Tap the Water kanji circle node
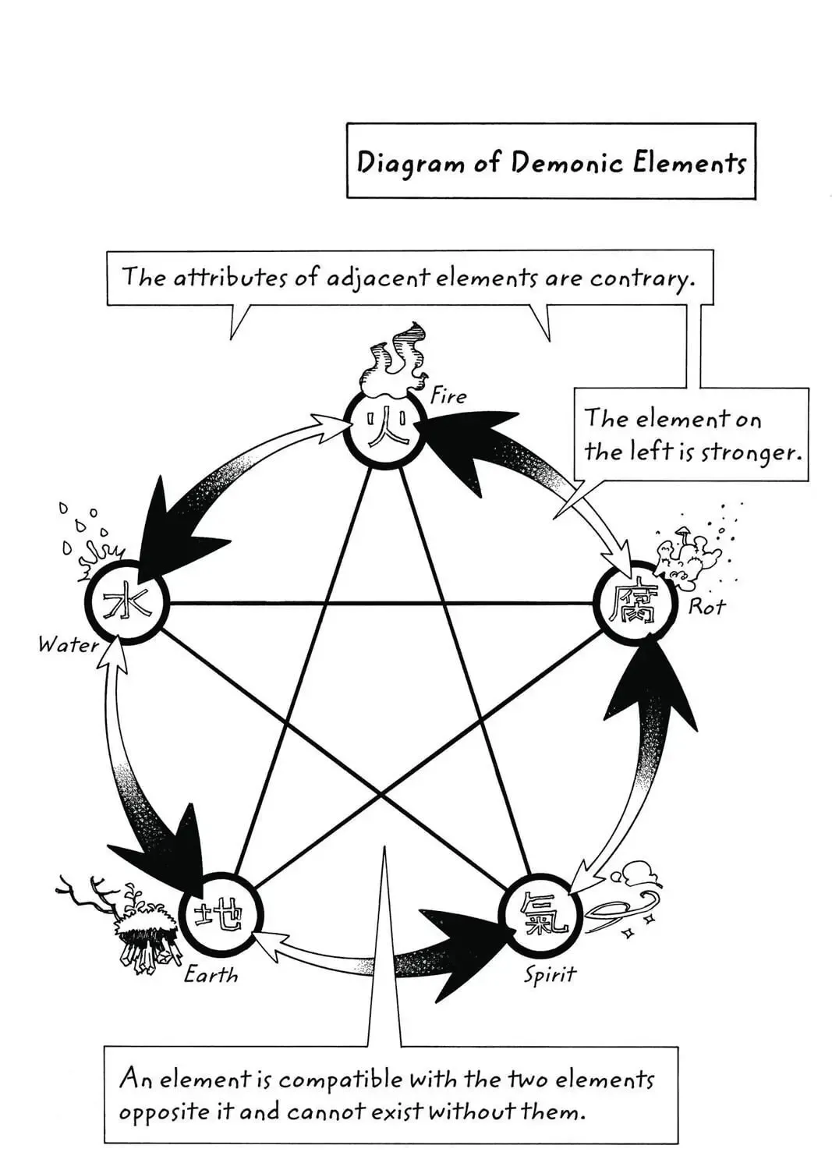tap(126, 603)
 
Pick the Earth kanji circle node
tap(221, 916)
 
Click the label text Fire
tap(447, 397)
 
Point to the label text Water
tap(68, 645)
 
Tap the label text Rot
tap(707, 606)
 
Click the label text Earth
tap(211, 975)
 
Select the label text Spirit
tap(550, 975)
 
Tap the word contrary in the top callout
tap(643, 279)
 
